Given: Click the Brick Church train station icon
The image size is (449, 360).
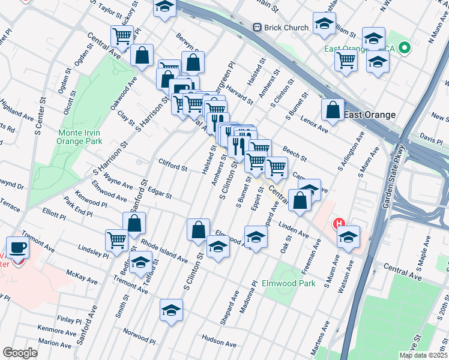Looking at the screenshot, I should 258,28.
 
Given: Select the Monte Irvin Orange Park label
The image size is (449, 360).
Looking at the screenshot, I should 79,137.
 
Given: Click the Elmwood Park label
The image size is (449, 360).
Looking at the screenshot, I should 288,283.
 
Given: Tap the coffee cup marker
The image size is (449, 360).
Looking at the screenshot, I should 17,247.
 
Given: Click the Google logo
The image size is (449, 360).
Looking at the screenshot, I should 20,353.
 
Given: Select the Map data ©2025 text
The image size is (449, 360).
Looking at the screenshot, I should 423,355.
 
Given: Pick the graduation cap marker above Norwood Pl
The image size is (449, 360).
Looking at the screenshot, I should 171,310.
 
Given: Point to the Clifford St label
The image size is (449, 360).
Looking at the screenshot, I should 173,164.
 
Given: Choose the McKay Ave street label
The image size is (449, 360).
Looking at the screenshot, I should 82,276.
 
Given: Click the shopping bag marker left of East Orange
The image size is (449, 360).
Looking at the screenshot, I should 333,110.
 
